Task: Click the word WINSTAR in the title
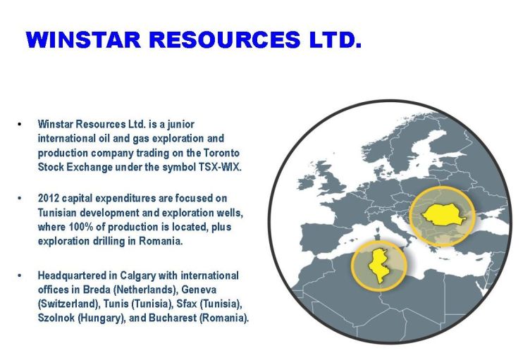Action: click(x=83, y=40)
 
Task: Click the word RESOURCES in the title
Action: click(x=225, y=40)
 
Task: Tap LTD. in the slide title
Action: click(x=335, y=40)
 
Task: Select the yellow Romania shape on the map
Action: click(x=443, y=215)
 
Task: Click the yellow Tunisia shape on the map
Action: click(x=378, y=266)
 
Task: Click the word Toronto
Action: click(x=221, y=153)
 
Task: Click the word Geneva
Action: click(x=199, y=290)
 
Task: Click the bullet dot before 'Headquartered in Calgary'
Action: click(x=20, y=276)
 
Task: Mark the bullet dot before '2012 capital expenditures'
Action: click(x=20, y=199)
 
